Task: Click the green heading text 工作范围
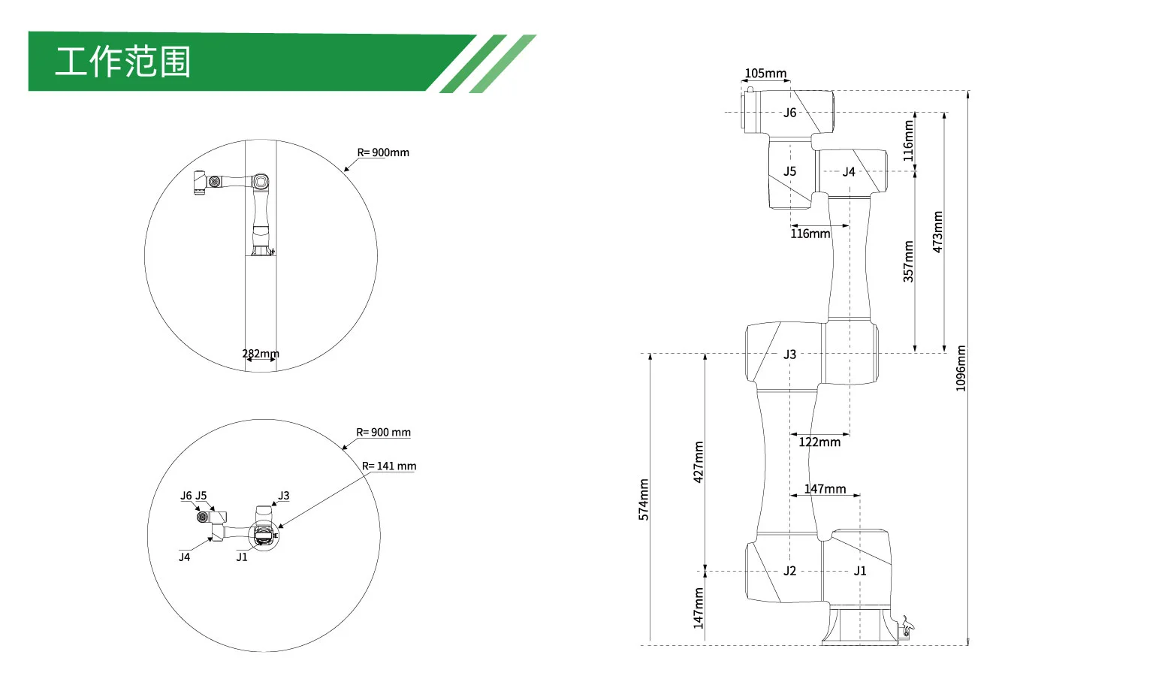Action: click(x=122, y=62)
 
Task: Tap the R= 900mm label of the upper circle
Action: click(x=383, y=152)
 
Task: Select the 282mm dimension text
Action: click(x=261, y=354)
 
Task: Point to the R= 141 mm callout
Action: click(x=389, y=466)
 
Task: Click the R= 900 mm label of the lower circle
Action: click(x=383, y=433)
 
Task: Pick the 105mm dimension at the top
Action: click(x=765, y=74)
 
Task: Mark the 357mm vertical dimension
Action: click(x=908, y=261)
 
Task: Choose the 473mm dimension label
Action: click(x=937, y=231)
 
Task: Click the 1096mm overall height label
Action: click(x=961, y=368)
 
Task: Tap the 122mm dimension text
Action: click(x=819, y=442)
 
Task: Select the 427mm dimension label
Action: click(x=699, y=462)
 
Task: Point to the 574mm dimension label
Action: click(x=644, y=499)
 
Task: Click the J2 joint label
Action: click(x=790, y=572)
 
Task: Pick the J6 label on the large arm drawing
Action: click(x=790, y=113)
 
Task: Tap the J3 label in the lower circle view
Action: click(x=283, y=496)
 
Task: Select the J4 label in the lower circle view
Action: click(x=185, y=557)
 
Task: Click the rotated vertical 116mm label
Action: click(x=908, y=141)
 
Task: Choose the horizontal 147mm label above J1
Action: click(x=825, y=489)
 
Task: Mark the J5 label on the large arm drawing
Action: click(x=790, y=171)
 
